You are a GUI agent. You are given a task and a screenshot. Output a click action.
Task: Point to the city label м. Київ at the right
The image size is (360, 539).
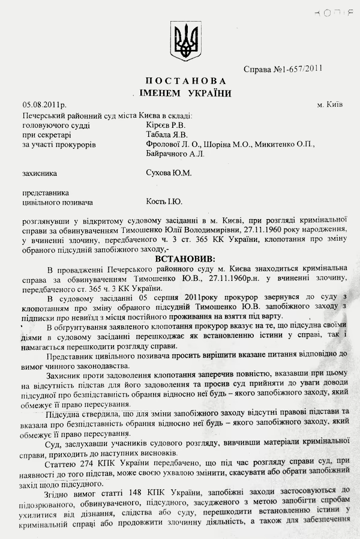(x=329, y=104)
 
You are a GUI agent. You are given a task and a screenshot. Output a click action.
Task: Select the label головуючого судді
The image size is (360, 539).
(x=55, y=125)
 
